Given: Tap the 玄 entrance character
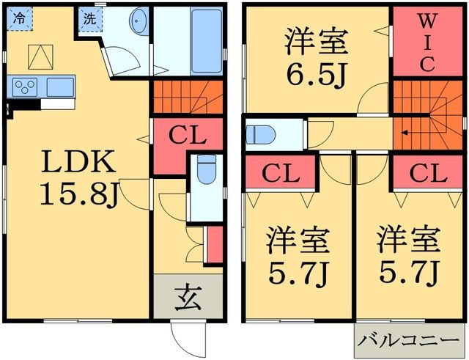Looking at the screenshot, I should (188, 297).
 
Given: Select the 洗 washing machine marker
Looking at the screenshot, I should (89, 20).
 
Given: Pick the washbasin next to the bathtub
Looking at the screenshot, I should (137, 24).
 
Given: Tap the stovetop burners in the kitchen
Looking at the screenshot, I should (26, 87).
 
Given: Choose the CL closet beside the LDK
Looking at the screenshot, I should (188, 136).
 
